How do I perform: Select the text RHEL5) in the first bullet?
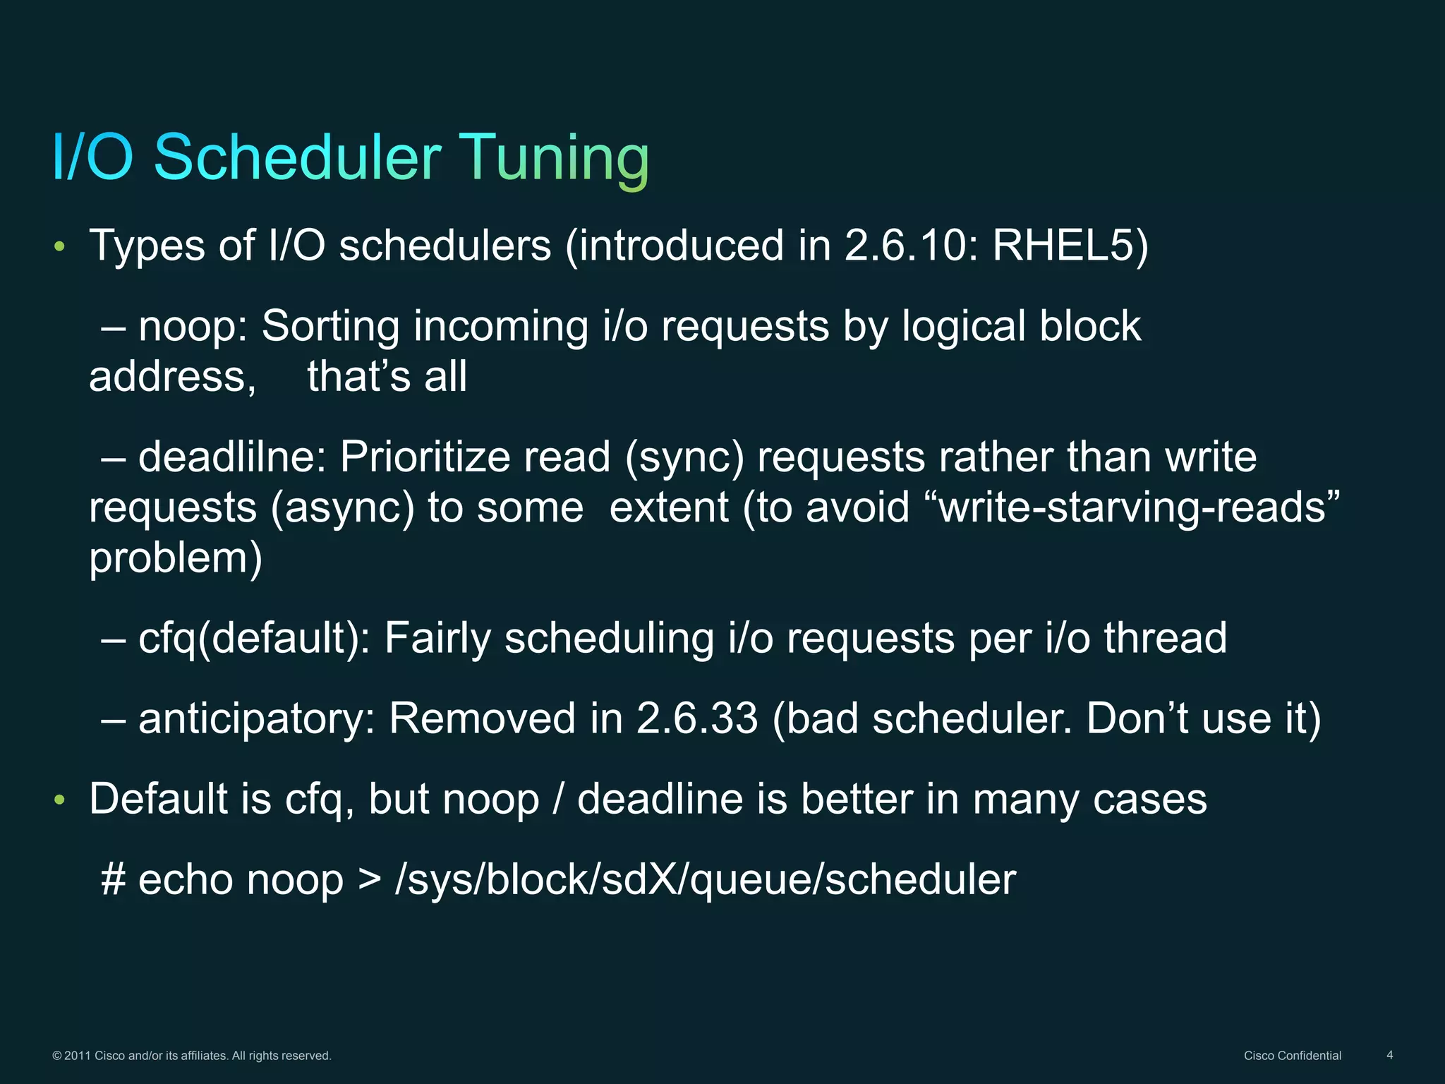click(1070, 246)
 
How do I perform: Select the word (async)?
click(342, 508)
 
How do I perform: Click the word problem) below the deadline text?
click(176, 558)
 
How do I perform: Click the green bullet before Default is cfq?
click(60, 800)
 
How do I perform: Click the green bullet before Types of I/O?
click(60, 247)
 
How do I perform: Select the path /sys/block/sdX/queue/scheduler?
click(705, 880)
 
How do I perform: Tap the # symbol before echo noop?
click(114, 880)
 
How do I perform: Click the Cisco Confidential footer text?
click(1292, 1056)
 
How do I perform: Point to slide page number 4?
click(1389, 1055)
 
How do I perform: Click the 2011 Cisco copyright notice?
click(192, 1056)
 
